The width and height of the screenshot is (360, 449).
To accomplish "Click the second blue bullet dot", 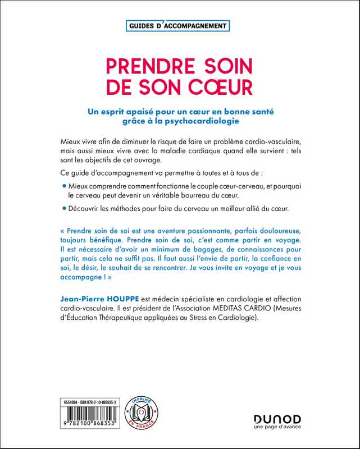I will [63, 210].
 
